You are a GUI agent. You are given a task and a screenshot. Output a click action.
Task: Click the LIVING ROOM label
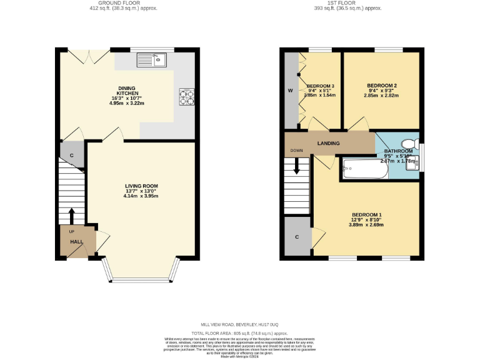tap(141, 186)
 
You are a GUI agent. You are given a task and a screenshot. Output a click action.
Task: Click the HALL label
tap(76, 241)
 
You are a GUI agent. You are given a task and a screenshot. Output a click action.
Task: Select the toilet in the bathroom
tap(410, 142)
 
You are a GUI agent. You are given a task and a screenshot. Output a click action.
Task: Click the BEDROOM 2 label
tap(382, 86)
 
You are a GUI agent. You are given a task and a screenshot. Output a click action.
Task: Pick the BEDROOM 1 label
tap(366, 215)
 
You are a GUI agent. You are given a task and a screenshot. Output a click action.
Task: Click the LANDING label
tap(328, 143)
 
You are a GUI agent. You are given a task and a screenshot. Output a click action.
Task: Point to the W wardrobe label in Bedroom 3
tap(290, 91)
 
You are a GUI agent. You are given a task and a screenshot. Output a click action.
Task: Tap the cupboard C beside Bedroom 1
tap(297, 237)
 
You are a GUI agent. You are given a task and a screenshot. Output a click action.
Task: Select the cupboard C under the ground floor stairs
tap(72, 155)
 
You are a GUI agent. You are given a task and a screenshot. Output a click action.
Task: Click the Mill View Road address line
tap(239, 324)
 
